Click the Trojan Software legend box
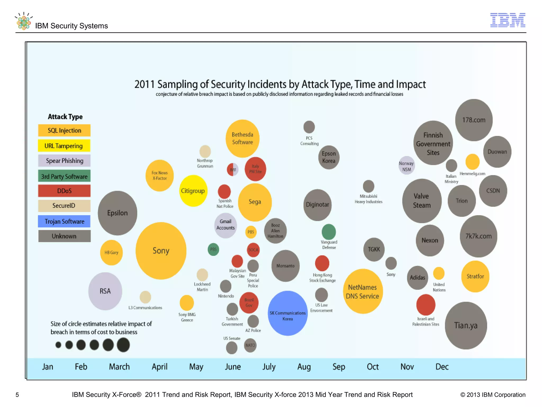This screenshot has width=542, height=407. (x=64, y=221)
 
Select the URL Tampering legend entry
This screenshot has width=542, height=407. (x=64, y=146)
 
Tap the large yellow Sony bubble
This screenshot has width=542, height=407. (x=161, y=251)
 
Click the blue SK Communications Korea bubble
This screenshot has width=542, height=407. (x=288, y=313)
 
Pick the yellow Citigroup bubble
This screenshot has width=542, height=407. (x=193, y=191)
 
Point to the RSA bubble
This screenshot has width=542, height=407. (x=105, y=291)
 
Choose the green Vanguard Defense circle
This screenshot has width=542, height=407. (x=329, y=232)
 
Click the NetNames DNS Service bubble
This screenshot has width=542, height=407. (x=363, y=291)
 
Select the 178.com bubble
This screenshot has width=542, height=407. (x=474, y=120)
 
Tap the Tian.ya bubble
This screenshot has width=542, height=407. (x=466, y=325)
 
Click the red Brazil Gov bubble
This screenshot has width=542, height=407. (x=249, y=303)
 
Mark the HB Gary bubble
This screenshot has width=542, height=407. (x=111, y=253)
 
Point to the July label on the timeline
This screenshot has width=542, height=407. (x=269, y=367)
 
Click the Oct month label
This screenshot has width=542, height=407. (x=373, y=367)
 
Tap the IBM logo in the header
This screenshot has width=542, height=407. (x=508, y=20)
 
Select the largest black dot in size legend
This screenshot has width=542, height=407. (x=123, y=345)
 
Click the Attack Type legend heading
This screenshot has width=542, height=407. (x=65, y=117)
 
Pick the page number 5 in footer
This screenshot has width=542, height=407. (x=17, y=395)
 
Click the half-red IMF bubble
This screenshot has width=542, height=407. (x=233, y=170)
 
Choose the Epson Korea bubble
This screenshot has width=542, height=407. (x=329, y=157)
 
